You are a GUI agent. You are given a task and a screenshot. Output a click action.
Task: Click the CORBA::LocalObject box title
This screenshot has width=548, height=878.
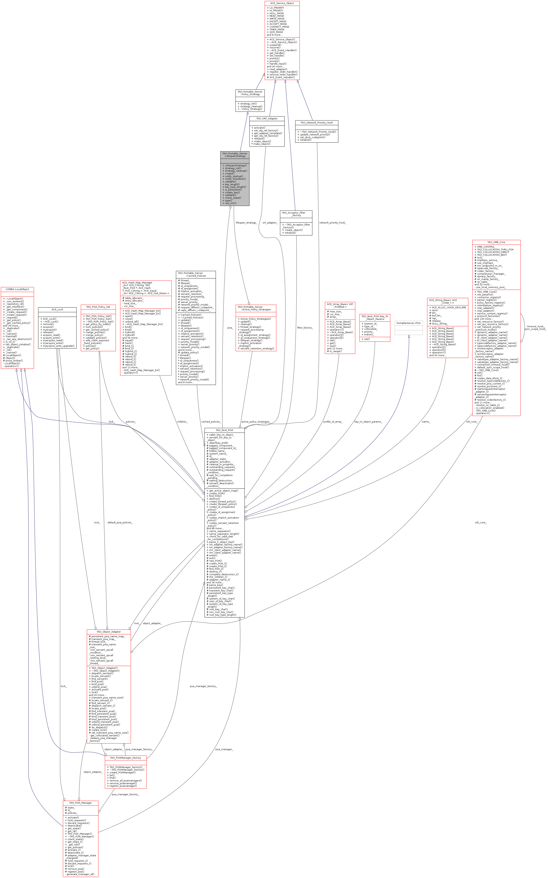click(17, 289)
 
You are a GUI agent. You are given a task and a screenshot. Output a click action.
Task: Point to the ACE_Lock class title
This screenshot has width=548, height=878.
click(57, 310)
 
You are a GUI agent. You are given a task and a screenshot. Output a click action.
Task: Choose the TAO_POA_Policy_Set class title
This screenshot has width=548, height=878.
click(98, 307)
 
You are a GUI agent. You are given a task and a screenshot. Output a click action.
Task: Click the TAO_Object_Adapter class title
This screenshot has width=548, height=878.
click(109, 632)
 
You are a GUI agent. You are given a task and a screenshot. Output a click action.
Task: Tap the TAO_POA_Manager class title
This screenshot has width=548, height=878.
click(81, 803)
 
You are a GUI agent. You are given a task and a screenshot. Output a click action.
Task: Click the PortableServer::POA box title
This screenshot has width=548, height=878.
click(408, 323)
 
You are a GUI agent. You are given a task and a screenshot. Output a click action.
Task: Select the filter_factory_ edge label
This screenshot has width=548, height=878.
click(305, 328)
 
